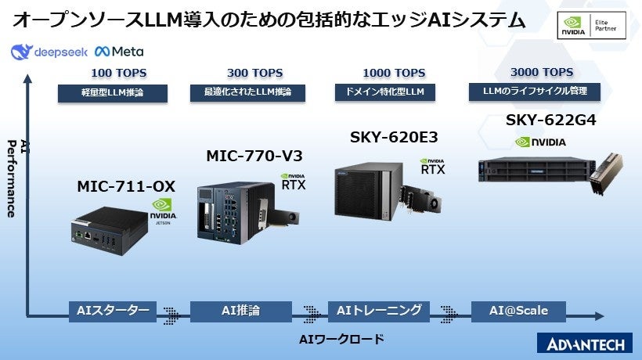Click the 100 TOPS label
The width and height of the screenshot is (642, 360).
pos(118,74)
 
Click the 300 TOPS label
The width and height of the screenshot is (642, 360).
pos(249,74)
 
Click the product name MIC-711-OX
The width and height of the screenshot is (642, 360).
pos(125,187)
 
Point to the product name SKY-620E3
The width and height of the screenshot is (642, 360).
pos(393,138)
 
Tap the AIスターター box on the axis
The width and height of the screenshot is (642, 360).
pos(113,311)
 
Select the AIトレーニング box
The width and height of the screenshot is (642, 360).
pos(379,311)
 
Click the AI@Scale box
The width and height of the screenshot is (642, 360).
pos(518,311)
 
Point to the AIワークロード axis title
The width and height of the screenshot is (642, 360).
pos(342,339)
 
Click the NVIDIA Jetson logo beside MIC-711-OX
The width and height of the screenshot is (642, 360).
pos(164,211)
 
